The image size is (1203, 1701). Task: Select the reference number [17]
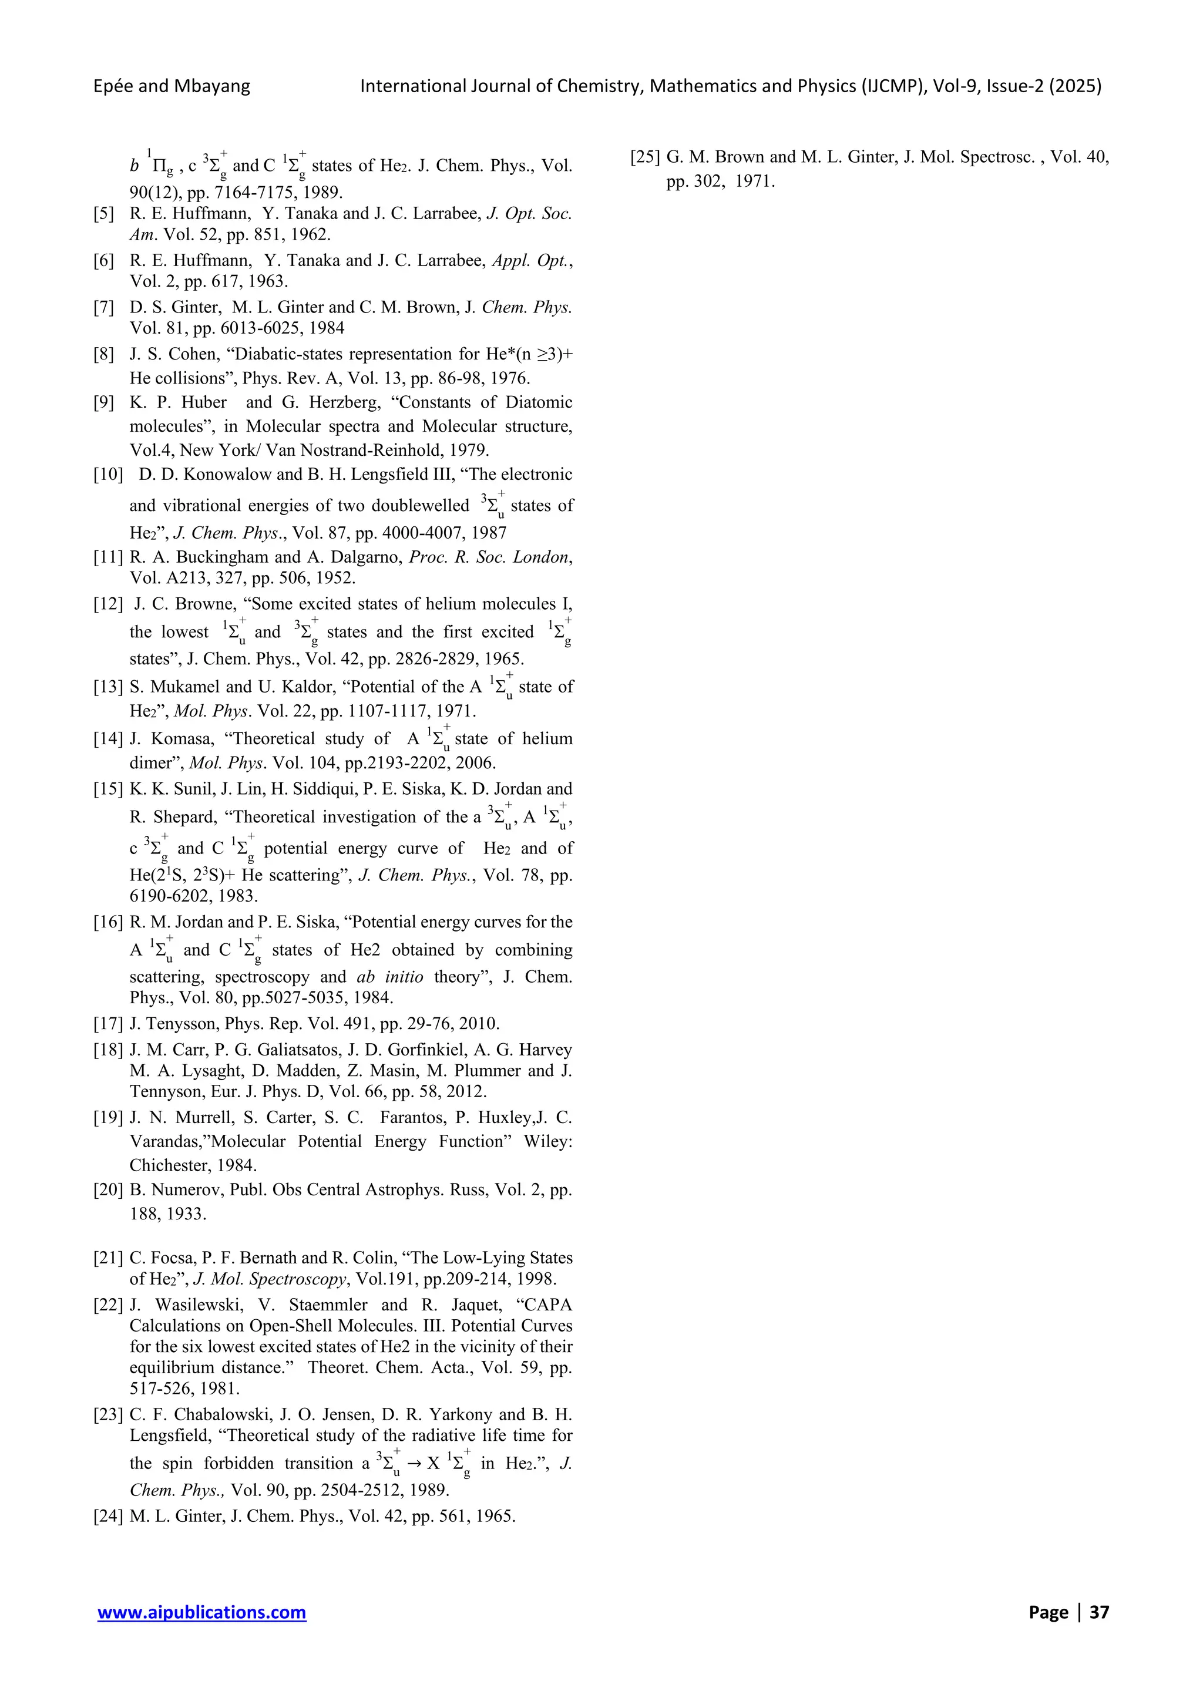click(x=108, y=1023)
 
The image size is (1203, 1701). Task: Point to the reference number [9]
click(x=105, y=402)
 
